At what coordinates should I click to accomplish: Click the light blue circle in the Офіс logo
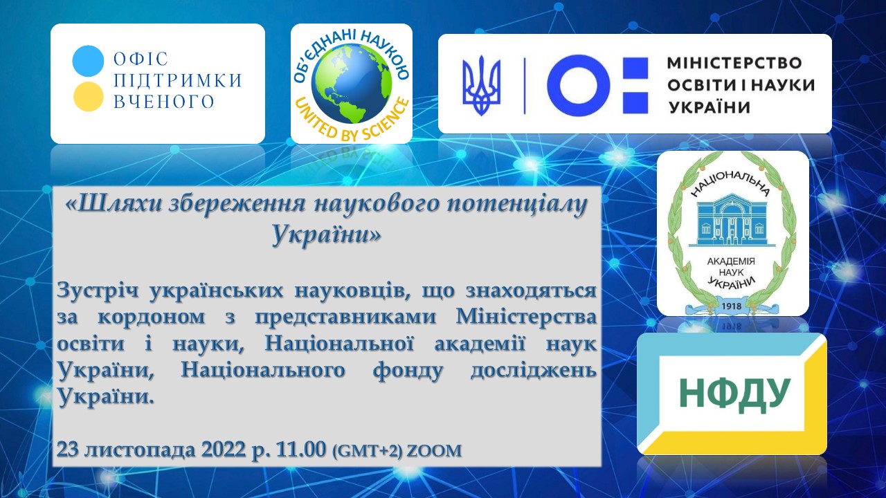[88, 61]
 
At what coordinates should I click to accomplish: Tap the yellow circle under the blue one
[88, 96]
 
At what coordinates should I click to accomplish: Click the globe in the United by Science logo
[351, 84]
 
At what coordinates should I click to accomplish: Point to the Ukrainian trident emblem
[481, 85]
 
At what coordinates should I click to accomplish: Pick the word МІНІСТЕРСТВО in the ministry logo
[734, 63]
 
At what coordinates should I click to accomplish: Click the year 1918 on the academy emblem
[732, 306]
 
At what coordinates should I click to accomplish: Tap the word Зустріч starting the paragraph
[98, 291]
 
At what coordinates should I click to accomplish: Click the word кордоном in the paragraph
[151, 317]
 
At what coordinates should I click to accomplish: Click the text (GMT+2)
[367, 451]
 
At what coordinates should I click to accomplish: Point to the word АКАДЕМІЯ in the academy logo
[731, 261]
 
